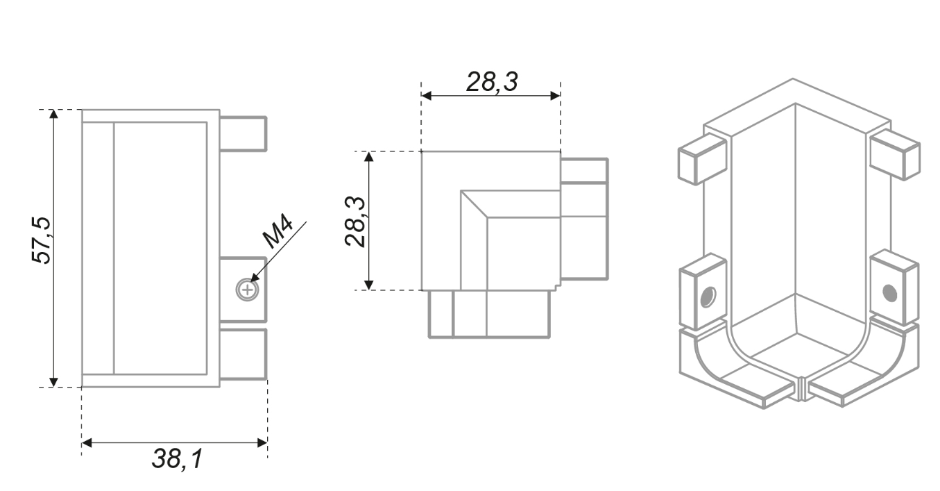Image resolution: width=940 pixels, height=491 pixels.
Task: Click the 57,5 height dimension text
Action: click(42, 240)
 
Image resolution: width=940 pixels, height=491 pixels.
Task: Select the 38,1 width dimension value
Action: click(178, 459)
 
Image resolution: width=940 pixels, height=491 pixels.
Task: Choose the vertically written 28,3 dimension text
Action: click(356, 221)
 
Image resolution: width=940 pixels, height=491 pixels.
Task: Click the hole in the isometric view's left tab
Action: click(706, 298)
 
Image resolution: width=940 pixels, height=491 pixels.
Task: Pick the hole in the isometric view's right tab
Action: click(890, 293)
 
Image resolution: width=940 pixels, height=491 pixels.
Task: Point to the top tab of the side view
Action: click(243, 133)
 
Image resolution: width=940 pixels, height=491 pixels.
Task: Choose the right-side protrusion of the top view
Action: click(584, 219)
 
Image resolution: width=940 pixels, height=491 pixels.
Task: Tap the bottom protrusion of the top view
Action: click(490, 314)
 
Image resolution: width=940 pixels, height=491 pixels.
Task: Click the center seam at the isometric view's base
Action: click(800, 389)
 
